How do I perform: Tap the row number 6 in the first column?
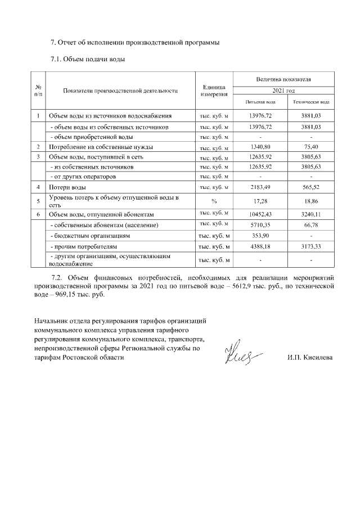pyautogui.click(x=38, y=214)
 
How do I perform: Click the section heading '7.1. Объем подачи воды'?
pyautogui.click(x=87, y=58)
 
